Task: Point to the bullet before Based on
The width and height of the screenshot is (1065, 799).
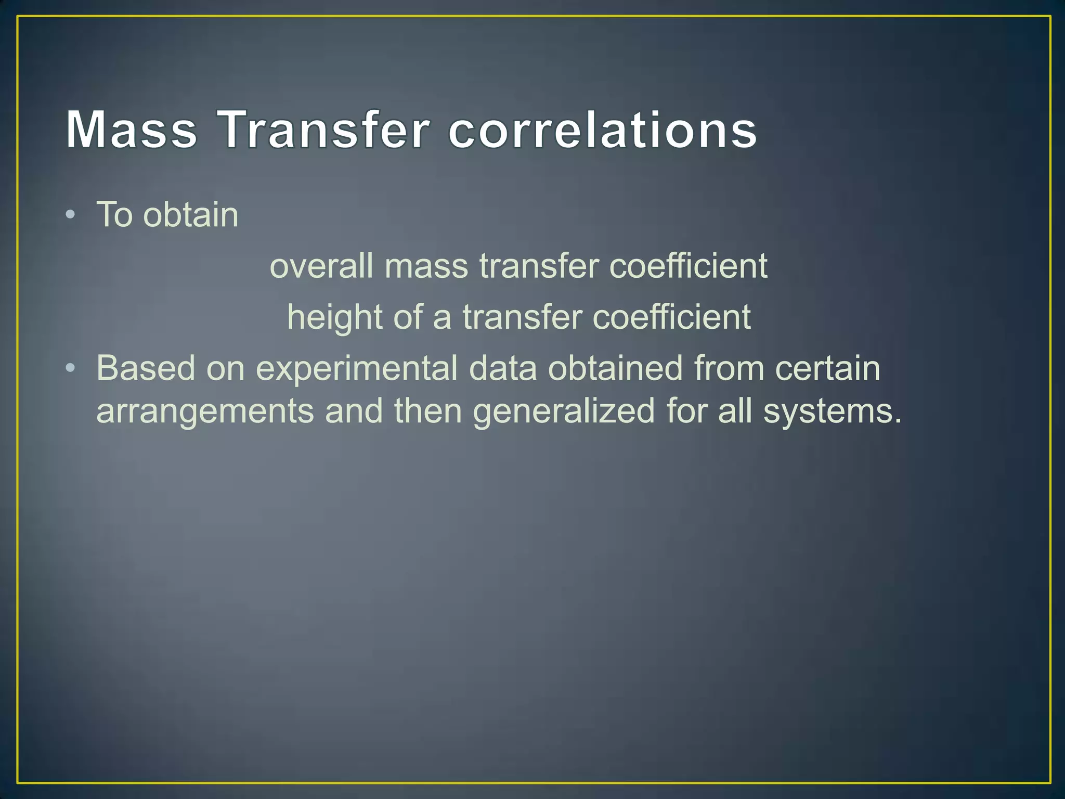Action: (71, 368)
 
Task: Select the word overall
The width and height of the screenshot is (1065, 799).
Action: (321, 266)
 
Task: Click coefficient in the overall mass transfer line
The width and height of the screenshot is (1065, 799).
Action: (688, 266)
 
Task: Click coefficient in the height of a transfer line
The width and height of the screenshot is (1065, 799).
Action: (671, 317)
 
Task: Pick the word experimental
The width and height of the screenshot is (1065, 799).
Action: (356, 368)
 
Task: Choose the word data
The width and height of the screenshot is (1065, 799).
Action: (502, 368)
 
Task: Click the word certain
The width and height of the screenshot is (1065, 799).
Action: (827, 368)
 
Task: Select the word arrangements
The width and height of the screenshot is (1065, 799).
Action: (205, 411)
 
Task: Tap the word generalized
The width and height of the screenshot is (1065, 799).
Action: (564, 411)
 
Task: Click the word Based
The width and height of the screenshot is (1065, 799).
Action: (146, 368)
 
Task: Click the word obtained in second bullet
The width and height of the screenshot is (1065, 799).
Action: (615, 368)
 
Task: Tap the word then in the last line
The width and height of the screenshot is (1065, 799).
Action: (427, 411)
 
